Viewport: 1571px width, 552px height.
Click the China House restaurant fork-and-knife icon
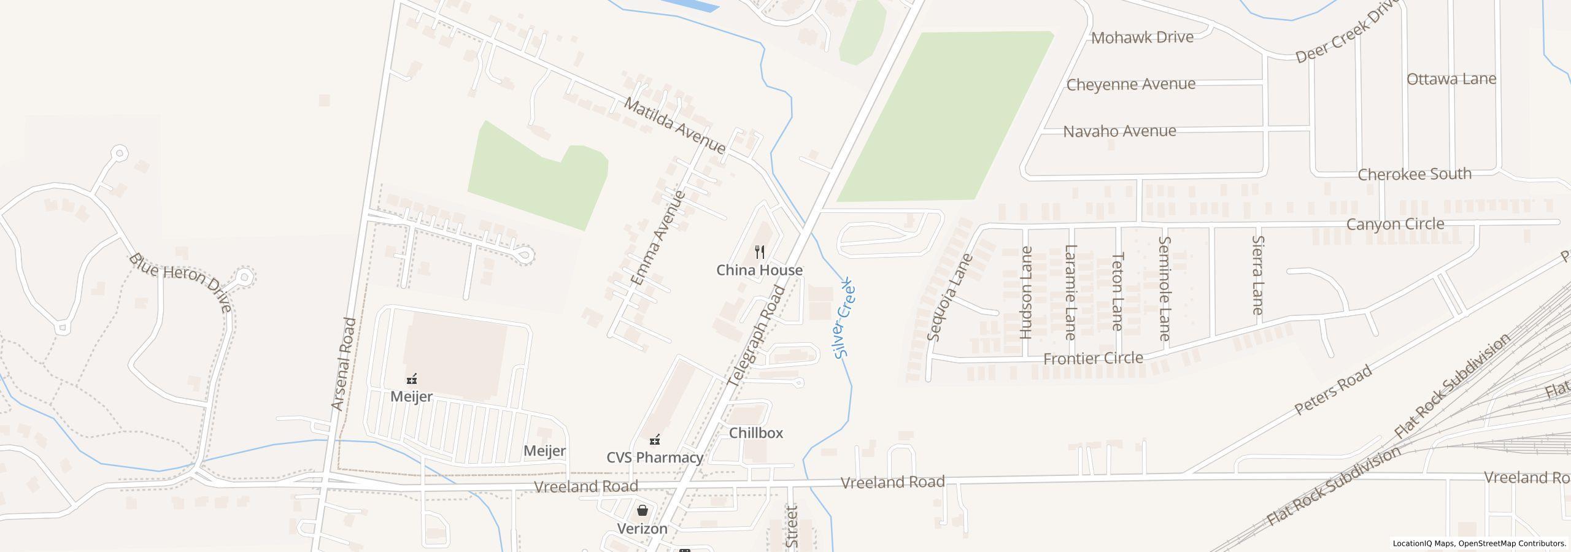click(x=760, y=252)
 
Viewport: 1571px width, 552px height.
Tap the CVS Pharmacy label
click(x=654, y=458)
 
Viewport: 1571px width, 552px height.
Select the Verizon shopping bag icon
click(x=642, y=510)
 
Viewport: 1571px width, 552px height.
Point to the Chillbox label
click(x=755, y=433)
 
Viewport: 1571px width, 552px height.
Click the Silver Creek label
click(x=845, y=318)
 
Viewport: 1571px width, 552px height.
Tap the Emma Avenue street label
click(x=658, y=238)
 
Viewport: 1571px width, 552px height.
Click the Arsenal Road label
click(x=344, y=364)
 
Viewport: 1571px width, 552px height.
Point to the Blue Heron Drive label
click(x=180, y=282)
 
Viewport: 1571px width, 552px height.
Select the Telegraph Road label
click(x=756, y=335)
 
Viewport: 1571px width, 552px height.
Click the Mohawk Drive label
click(x=1142, y=37)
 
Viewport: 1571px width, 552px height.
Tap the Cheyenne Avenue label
click(x=1130, y=84)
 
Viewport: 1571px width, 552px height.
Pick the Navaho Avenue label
click(x=1119, y=131)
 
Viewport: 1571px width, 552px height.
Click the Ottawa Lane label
click(x=1451, y=79)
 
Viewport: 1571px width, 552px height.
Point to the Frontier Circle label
click(x=1093, y=358)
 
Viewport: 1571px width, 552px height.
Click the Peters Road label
click(x=1332, y=390)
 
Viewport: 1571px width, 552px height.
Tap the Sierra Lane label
click(x=1257, y=275)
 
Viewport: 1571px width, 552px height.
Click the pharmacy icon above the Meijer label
click(x=412, y=378)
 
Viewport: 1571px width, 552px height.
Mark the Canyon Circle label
click(x=1394, y=224)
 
